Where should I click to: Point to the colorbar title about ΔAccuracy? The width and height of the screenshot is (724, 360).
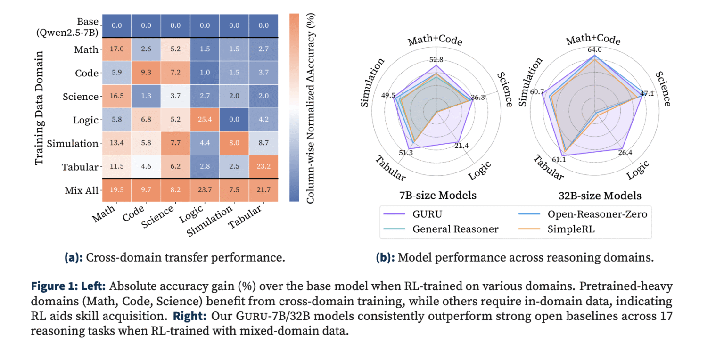point(310,108)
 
